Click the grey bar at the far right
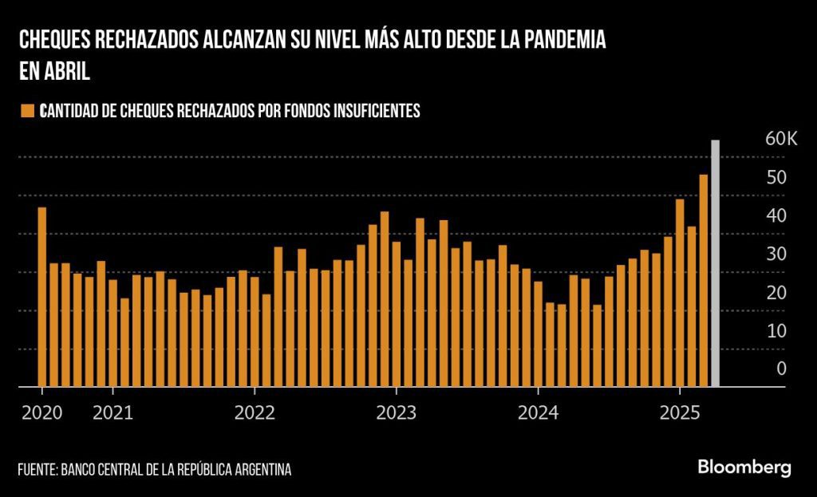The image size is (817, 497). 715,263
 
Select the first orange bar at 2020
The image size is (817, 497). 42,297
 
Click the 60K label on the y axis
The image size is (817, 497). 780,140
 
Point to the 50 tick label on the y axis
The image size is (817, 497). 776,177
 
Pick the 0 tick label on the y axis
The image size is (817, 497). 781,369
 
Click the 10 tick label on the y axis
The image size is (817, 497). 776,330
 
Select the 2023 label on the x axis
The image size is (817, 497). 396,413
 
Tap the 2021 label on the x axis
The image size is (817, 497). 112,413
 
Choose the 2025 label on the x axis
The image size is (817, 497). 679,413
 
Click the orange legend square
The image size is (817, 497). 29,111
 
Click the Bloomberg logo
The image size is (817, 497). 744,467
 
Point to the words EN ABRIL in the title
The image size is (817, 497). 53,71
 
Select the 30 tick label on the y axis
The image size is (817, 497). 776,254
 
